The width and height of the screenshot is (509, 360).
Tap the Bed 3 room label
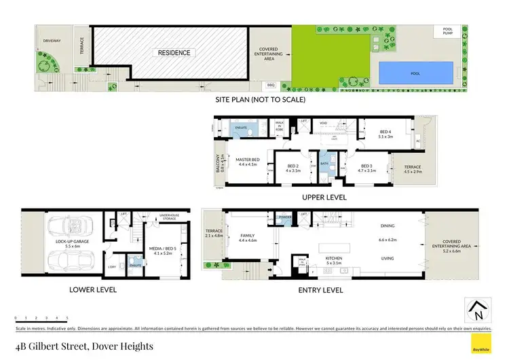pos(366,167)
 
